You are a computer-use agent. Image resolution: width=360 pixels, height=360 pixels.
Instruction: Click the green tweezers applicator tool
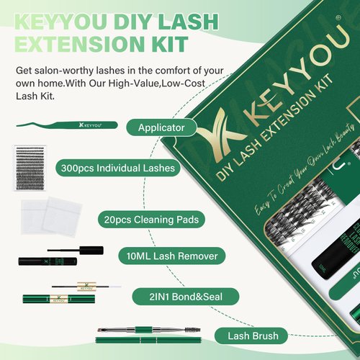pos(61,125)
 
